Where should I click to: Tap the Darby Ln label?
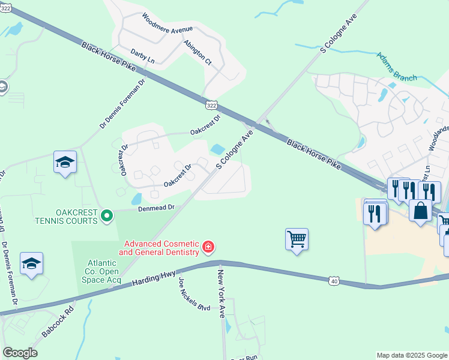point(142,56)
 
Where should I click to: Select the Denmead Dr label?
point(155,208)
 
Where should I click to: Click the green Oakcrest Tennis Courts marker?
point(107,215)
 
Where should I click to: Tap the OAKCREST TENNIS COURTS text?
point(77,217)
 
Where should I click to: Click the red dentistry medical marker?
point(208,247)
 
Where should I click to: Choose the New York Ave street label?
point(221,294)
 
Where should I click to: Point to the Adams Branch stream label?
point(396,66)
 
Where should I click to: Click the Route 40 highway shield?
point(334,280)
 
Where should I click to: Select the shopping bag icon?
point(420,211)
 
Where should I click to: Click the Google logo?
point(20,353)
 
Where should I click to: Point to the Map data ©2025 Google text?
point(411,355)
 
